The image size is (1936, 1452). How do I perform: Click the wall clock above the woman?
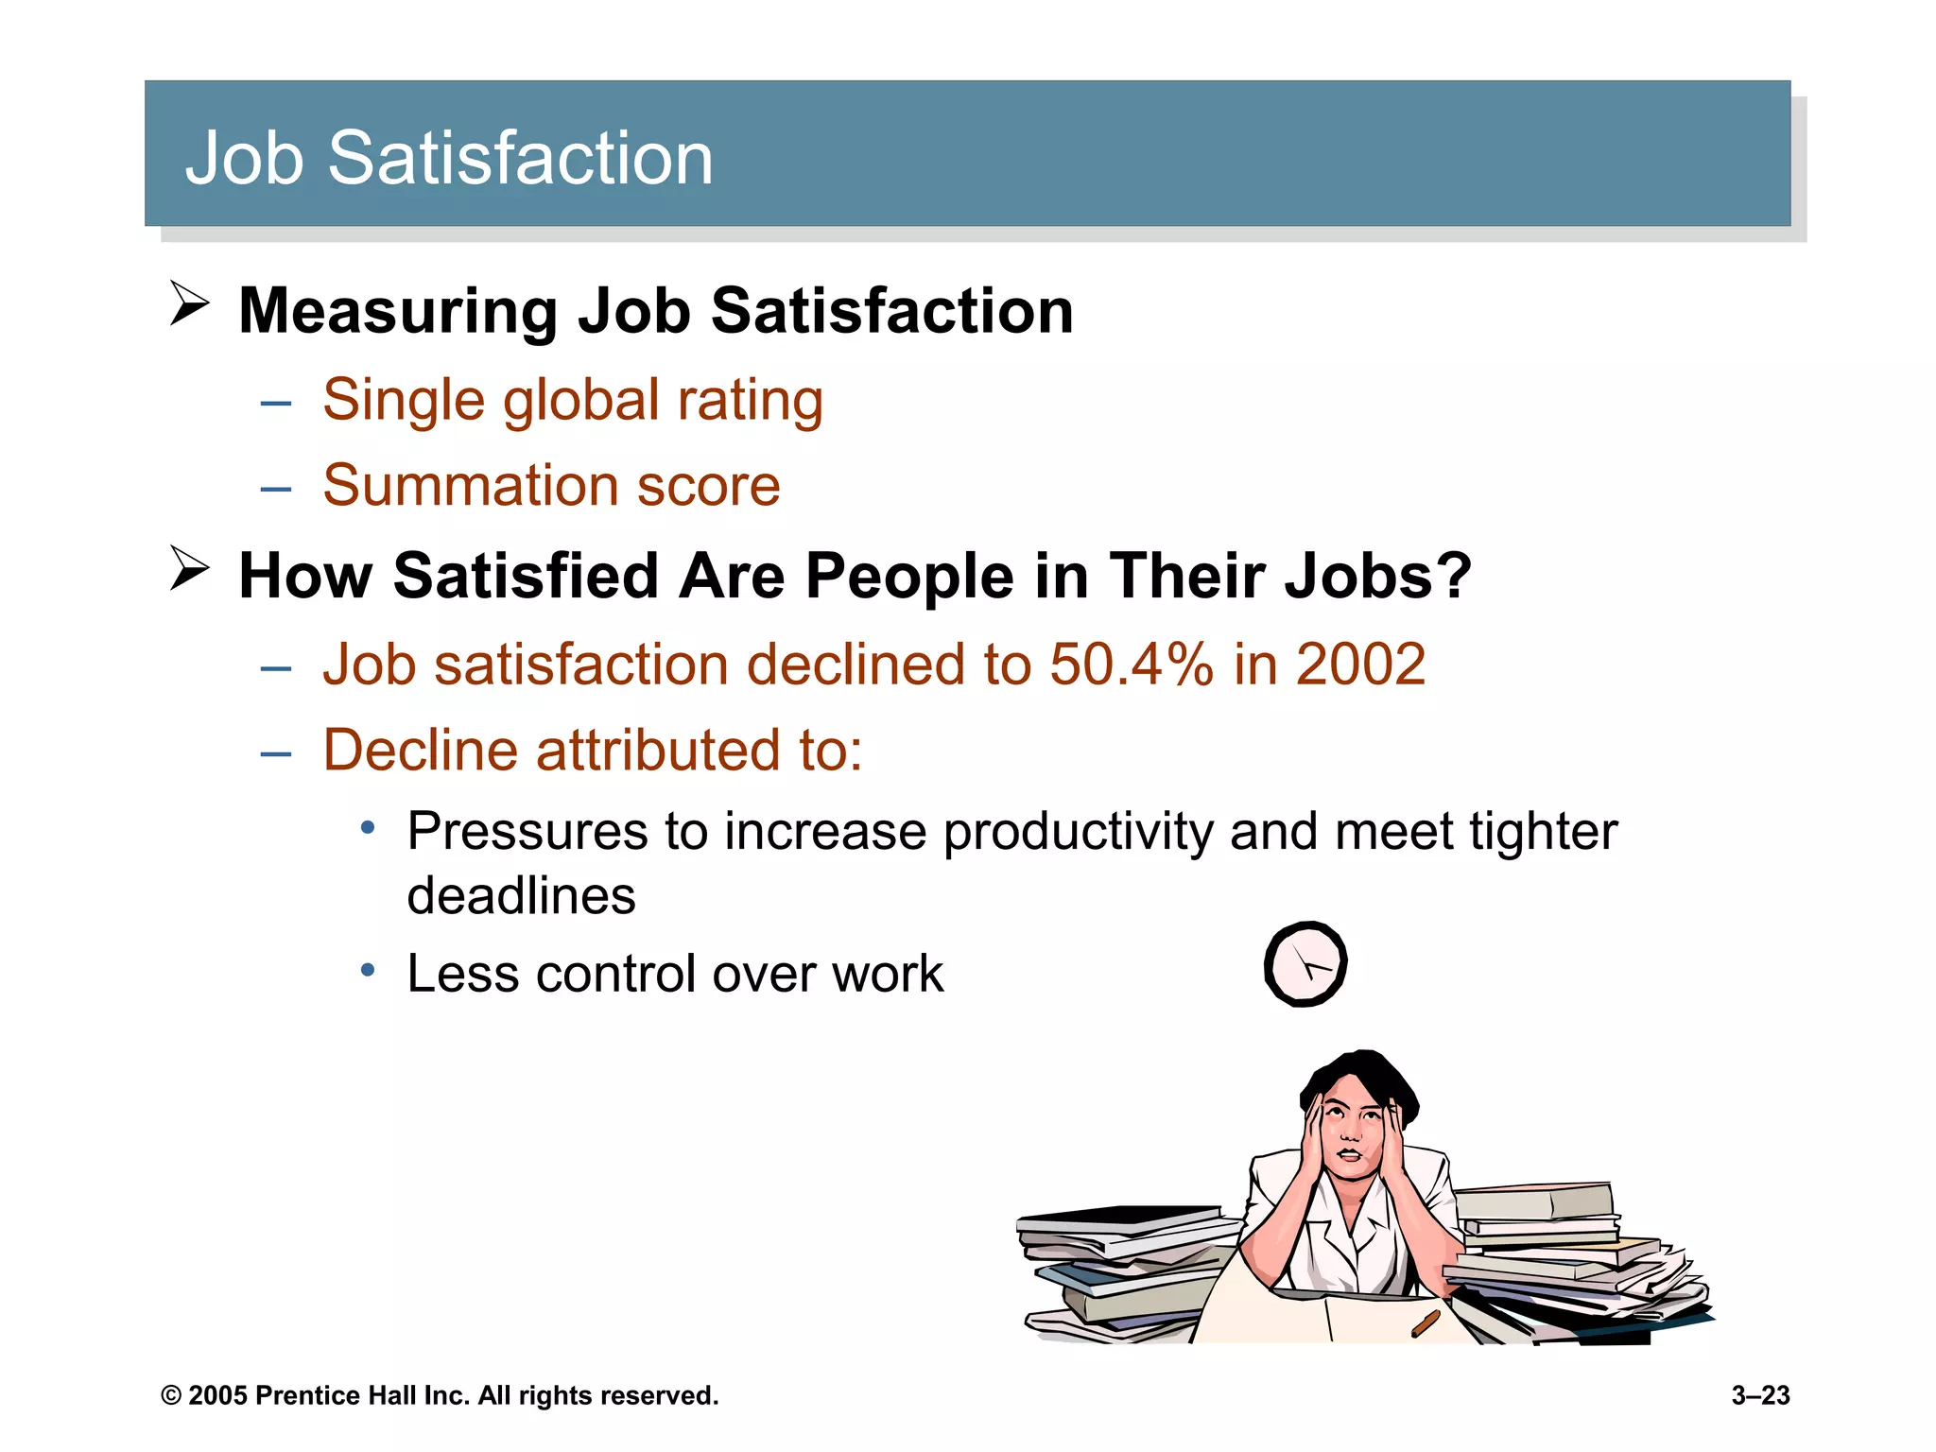[1305, 964]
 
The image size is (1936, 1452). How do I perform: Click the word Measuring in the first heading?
[398, 312]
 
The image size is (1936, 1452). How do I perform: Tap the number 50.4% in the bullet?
[1131, 665]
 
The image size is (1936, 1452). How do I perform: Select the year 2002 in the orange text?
[1360, 665]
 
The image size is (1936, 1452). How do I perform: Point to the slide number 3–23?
[1760, 1395]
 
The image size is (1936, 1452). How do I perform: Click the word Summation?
[470, 486]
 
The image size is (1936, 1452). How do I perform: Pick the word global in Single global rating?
[580, 401]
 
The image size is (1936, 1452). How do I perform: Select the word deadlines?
[521, 896]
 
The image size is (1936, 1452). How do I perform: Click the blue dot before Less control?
[369, 970]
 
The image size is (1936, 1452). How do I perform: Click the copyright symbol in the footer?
[171, 1396]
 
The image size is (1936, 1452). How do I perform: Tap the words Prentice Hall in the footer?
[336, 1395]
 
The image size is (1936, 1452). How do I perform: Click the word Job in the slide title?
[244, 158]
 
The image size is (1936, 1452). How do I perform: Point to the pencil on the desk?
[1425, 1322]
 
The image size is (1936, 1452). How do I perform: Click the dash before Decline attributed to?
[275, 754]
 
